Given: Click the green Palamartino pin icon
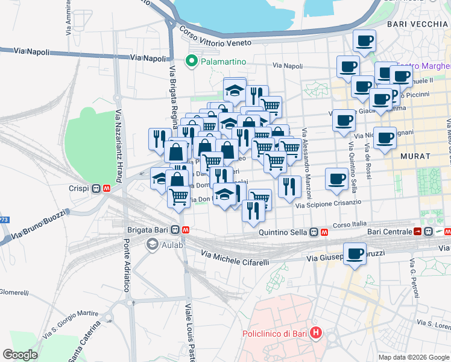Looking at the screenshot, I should coord(191,60).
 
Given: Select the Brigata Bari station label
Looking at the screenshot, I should coord(147,230).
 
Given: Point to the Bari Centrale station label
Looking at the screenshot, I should coord(388,232).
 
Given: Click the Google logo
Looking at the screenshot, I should coord(20,354).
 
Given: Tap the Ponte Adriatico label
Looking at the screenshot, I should coord(127,265).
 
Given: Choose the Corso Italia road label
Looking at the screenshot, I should coord(350,224).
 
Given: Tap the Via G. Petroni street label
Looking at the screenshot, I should coord(414,278).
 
